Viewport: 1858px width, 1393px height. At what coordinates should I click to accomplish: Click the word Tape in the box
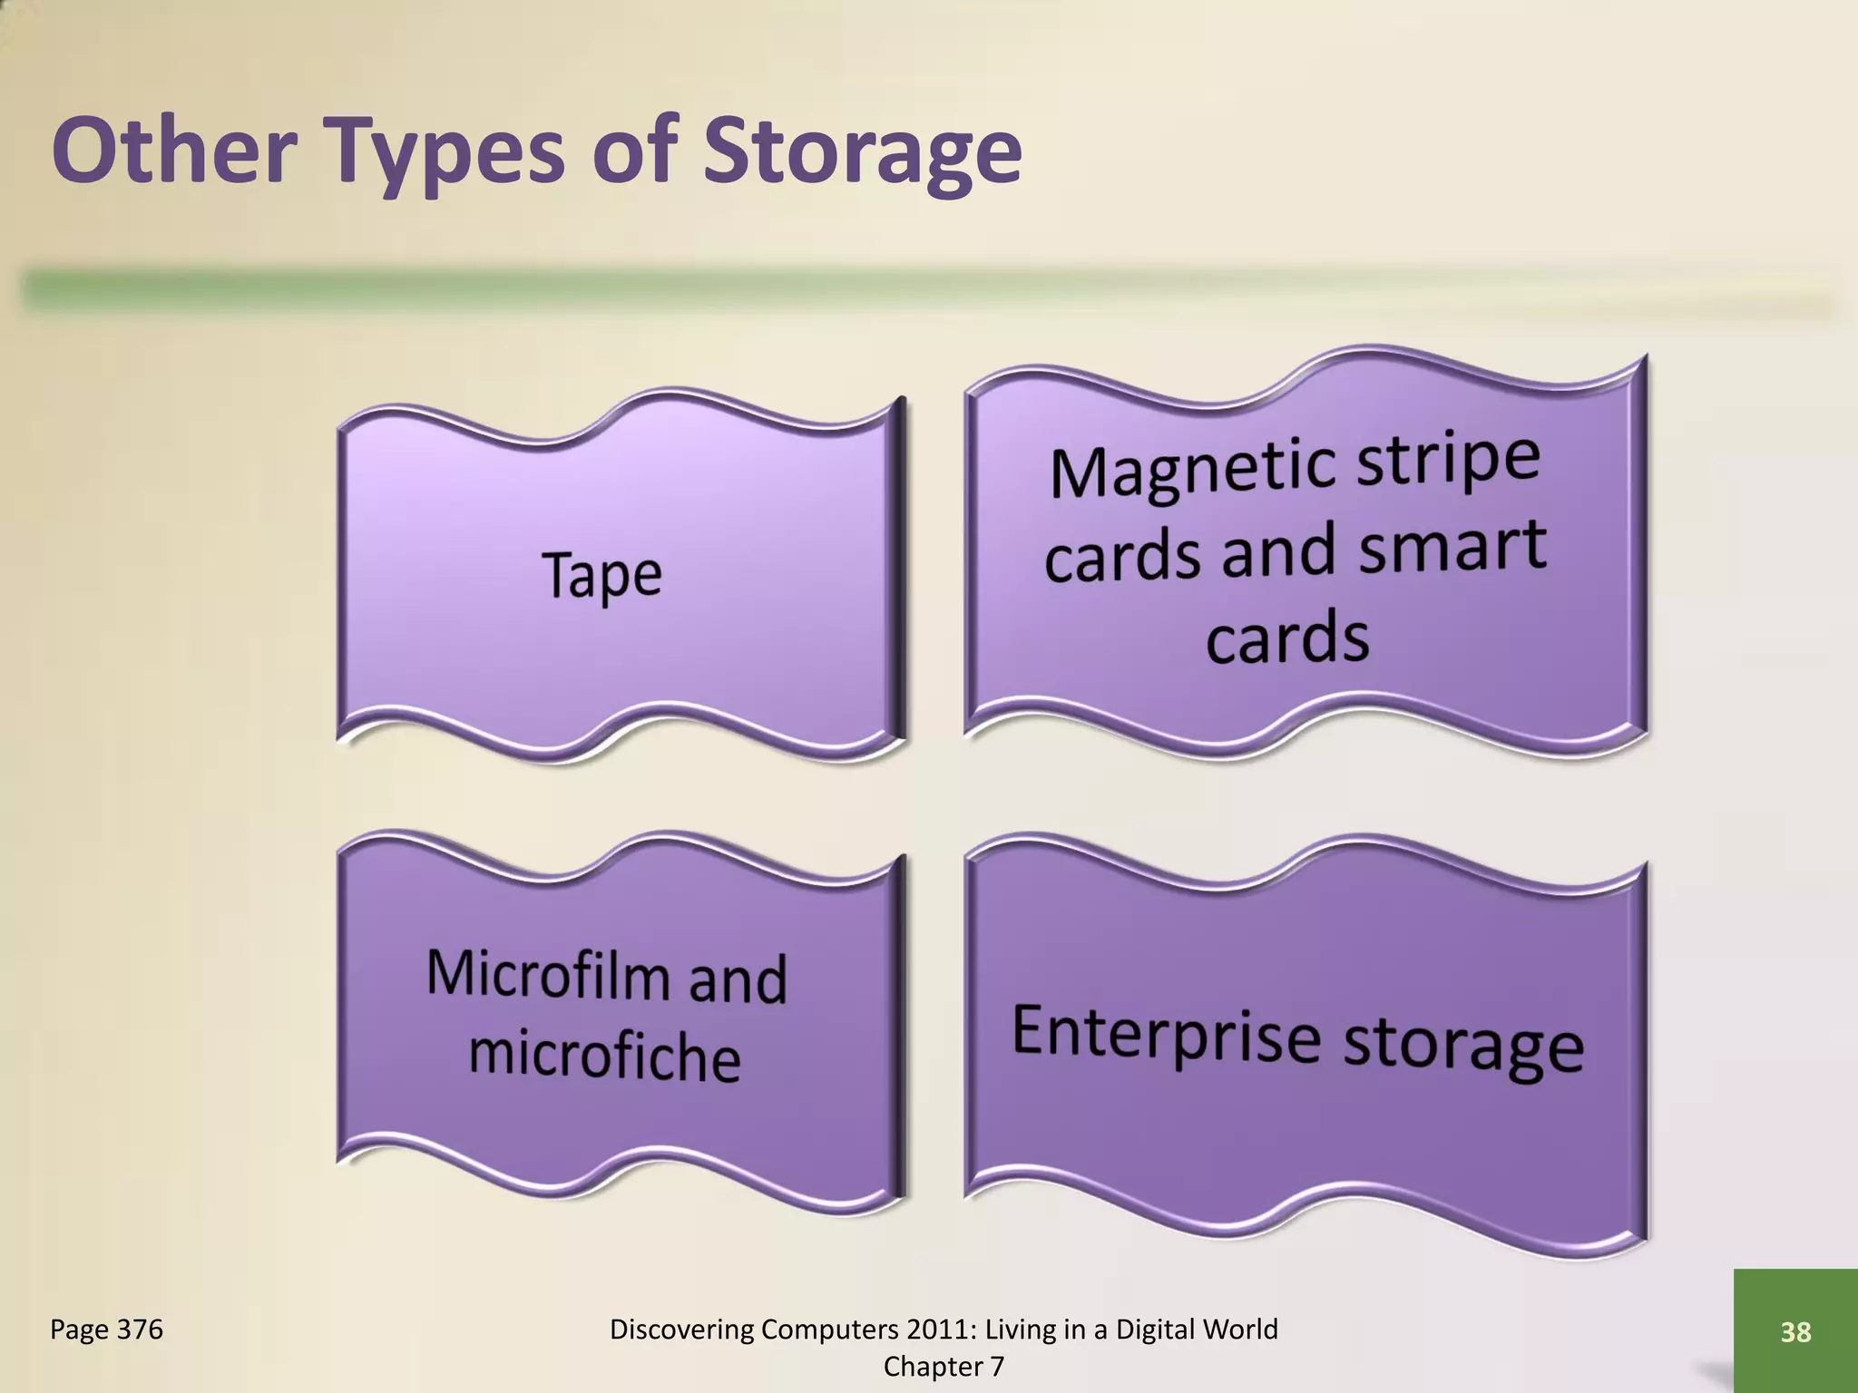click(x=602, y=575)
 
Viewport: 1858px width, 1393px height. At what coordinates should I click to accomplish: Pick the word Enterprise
click(x=1166, y=1033)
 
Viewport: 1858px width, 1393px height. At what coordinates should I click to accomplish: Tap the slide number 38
click(x=1795, y=1331)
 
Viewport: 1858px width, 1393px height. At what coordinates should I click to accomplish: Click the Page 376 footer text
click(x=106, y=1330)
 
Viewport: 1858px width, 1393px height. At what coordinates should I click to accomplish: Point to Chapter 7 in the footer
click(x=944, y=1367)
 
